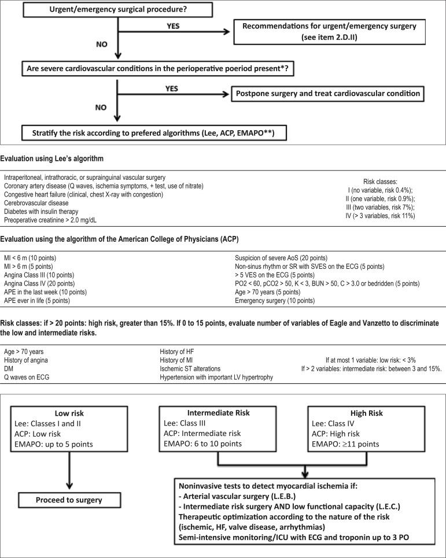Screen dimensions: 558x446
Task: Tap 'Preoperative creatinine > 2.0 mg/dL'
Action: [53, 220]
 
